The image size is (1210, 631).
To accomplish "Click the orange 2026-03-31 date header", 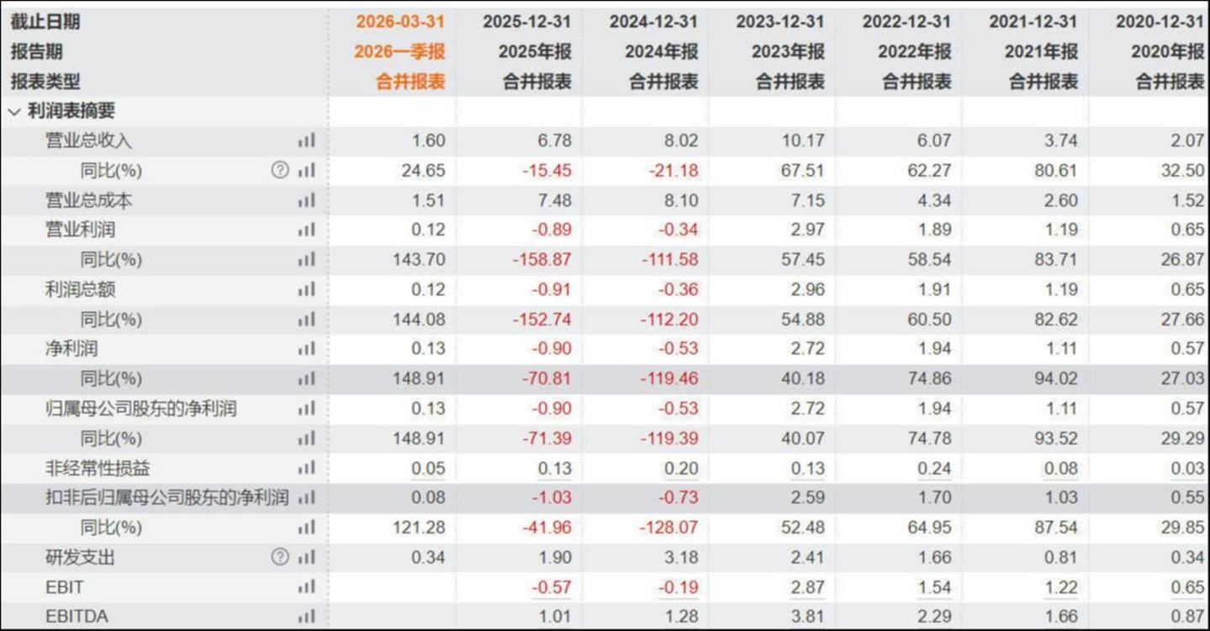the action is click(399, 22).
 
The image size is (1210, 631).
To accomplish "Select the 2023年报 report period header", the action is click(788, 52).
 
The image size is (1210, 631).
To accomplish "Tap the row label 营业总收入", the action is click(88, 141).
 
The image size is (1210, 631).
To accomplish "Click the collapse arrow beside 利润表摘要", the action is click(14, 112).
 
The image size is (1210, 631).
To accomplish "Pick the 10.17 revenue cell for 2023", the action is click(803, 141).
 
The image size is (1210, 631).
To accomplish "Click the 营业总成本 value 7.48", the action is click(554, 200).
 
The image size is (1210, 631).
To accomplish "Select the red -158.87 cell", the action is click(542, 259).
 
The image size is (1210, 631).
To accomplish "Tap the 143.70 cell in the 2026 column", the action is click(419, 259).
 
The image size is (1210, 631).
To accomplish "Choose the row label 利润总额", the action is click(80, 289).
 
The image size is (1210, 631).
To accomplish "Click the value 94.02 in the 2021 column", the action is click(1055, 379).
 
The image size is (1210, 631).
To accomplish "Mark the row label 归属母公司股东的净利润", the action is click(140, 409).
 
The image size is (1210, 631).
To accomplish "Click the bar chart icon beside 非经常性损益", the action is click(306, 468).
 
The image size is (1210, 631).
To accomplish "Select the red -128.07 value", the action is click(668, 528).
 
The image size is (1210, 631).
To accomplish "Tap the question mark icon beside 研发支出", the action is click(280, 556).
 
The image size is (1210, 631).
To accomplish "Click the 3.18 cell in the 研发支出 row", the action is click(681, 557).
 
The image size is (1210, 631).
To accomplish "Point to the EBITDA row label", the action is click(77, 617).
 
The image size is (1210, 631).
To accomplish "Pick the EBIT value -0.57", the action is click(551, 587).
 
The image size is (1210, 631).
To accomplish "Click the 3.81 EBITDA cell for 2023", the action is click(807, 617).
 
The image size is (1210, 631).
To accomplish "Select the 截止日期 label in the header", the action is click(45, 22).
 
